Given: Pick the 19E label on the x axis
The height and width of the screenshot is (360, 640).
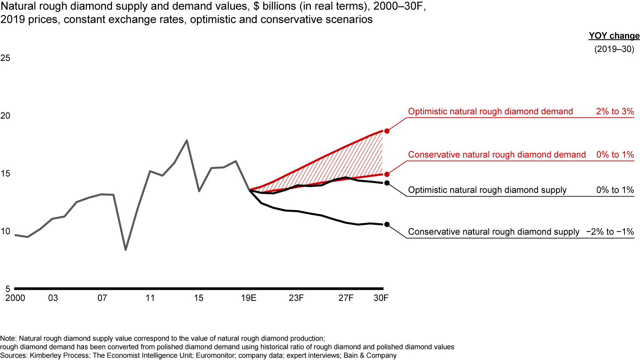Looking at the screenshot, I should [248, 298].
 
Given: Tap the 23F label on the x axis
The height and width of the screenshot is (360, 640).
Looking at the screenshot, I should [296, 298].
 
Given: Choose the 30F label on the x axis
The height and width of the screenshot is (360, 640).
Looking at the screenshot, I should [381, 298].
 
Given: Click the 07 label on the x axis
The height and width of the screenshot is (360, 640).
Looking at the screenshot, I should [102, 298].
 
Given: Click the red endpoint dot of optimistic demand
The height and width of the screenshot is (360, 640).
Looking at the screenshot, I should [387, 131].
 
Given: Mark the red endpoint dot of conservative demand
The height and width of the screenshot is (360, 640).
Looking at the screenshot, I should [387, 175].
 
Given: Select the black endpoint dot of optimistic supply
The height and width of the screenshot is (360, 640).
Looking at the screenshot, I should [387, 183].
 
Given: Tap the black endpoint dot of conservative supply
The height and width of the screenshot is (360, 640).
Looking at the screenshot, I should [387, 224].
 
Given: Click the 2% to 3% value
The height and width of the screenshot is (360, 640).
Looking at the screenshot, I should [615, 112].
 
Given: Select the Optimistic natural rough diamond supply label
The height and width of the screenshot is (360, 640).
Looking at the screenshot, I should [487, 190].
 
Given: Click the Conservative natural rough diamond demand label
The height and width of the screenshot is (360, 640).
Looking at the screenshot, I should [497, 155].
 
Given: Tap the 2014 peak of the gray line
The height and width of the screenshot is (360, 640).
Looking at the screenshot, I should [187, 140].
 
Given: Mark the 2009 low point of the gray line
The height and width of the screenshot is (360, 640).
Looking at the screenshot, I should [126, 250].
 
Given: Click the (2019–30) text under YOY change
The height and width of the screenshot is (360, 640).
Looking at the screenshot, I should [614, 49].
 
